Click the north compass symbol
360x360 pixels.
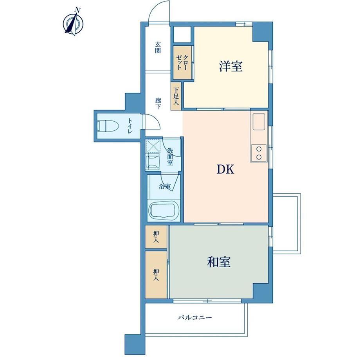click(73, 23)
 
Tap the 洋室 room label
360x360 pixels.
click(231, 67)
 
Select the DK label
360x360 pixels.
click(225, 170)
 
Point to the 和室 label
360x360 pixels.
click(219, 262)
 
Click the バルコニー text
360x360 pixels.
click(195, 318)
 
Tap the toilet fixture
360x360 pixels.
click(108, 126)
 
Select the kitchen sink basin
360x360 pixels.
click(259, 122)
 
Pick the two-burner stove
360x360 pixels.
click(259, 153)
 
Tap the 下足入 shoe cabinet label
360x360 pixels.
click(176, 96)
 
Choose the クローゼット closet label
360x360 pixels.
click(182, 62)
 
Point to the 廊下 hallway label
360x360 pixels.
click(158, 104)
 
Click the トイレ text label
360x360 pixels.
click(130, 126)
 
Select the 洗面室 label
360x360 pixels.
click(170, 157)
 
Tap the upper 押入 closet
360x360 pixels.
click(156, 237)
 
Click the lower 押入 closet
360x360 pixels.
click(156, 275)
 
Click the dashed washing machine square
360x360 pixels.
click(153, 146)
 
